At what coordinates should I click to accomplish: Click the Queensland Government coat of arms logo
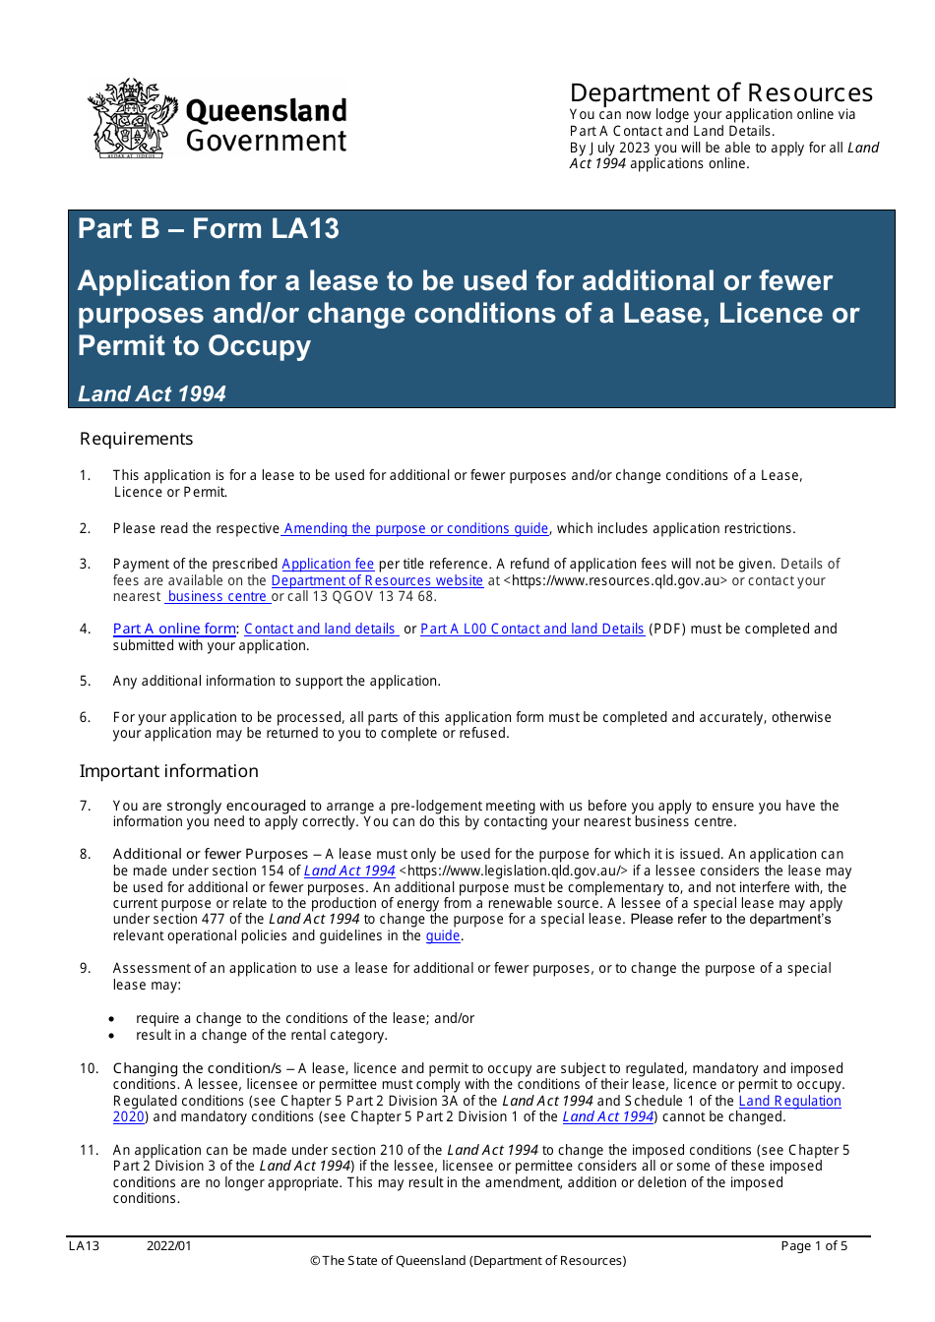click(131, 119)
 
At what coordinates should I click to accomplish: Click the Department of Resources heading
click(720, 93)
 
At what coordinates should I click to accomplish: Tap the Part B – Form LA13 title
click(208, 229)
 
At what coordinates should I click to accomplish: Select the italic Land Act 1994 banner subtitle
click(152, 394)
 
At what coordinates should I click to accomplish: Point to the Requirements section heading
click(136, 439)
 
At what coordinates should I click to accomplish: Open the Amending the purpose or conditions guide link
click(415, 529)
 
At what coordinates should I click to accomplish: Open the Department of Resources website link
click(377, 581)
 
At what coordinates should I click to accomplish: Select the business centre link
click(217, 597)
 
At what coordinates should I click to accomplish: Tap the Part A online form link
click(174, 630)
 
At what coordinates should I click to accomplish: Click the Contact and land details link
click(321, 630)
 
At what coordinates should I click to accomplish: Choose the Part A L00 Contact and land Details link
click(531, 630)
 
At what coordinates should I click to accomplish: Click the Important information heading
click(168, 771)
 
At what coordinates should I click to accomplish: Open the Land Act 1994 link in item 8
click(349, 871)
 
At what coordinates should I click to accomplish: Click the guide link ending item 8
click(442, 936)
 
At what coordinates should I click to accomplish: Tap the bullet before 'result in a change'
click(113, 1036)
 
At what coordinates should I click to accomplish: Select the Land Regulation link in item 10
click(789, 1102)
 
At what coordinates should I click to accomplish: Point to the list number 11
click(89, 1150)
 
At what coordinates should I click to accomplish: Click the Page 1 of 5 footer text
click(813, 1246)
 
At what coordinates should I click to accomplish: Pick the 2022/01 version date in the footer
click(169, 1246)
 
